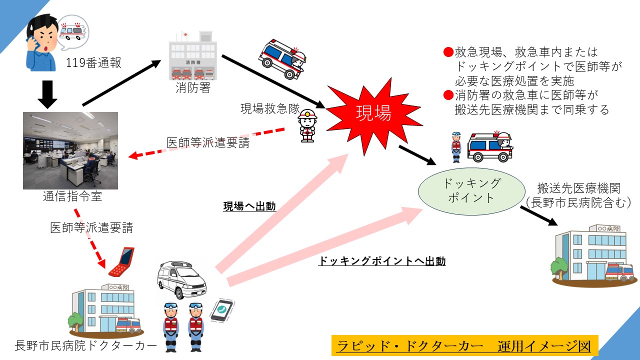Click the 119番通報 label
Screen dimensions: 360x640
(x=93, y=63)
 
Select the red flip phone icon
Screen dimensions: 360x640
(x=121, y=261)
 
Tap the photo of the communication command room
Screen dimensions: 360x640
(x=70, y=150)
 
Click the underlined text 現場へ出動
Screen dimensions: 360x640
(x=249, y=206)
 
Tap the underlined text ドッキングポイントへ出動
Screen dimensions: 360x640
(x=382, y=260)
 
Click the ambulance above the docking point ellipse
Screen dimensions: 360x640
(x=489, y=146)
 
